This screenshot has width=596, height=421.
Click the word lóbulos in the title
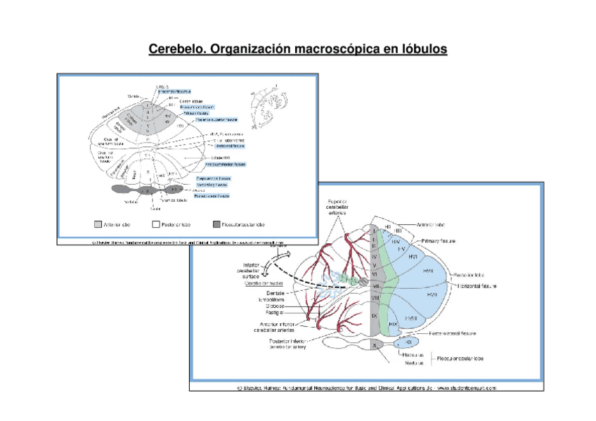pos(420,50)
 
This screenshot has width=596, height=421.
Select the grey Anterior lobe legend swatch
pos(98,224)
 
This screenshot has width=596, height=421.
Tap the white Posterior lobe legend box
pos(157,224)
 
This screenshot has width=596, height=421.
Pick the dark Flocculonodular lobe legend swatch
pos(216,224)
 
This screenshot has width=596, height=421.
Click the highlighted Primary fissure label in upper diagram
pos(196,113)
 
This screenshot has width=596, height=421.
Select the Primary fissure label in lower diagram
pos(439,240)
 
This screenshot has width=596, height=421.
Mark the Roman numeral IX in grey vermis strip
pos(375,317)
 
